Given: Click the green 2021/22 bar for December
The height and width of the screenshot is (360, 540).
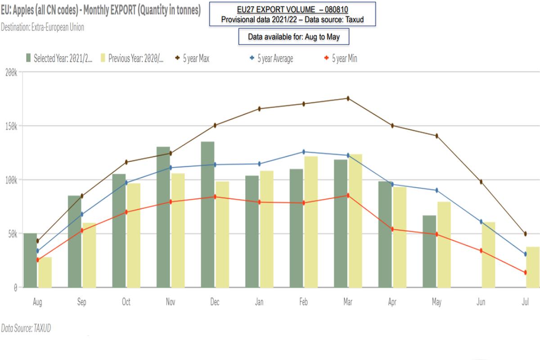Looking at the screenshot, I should (207, 215).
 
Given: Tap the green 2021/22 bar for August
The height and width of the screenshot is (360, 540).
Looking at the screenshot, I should (30, 261).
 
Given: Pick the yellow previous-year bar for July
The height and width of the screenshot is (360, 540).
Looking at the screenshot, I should (533, 267).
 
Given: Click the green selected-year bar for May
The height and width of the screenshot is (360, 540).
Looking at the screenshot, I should (429, 252).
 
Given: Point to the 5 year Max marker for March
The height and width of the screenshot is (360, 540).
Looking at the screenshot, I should (348, 98).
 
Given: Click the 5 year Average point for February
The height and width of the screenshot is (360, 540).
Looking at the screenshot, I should (304, 152).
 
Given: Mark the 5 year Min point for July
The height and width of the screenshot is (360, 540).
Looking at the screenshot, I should (525, 272).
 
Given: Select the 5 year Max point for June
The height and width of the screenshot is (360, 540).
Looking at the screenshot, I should (481, 182).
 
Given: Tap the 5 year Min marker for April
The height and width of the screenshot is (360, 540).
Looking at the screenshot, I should (392, 229).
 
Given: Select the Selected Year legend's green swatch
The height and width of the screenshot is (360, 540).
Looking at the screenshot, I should (28, 58).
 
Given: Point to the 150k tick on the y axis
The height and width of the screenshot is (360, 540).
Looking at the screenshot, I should (9, 126).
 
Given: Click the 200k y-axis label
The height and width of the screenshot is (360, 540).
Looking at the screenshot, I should (9, 72).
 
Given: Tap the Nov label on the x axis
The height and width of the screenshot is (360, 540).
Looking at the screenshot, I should (170, 302).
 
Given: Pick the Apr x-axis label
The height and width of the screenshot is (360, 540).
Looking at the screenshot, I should (392, 302).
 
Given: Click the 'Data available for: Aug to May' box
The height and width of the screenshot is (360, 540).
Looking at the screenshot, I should (294, 37).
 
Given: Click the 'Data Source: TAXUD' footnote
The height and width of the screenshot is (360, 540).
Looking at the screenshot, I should (26, 328).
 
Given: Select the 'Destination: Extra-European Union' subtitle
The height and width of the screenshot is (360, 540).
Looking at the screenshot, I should (42, 27).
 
